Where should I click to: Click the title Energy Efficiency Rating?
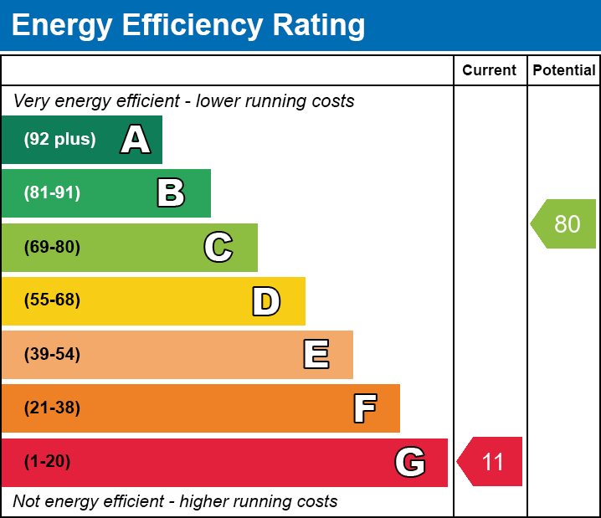pos(187,26)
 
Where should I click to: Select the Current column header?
pos(490,70)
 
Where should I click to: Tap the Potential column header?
pos(564,70)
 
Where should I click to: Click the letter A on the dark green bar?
pos(136,140)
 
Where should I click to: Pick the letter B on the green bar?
pos(171,193)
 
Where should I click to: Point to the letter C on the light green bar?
pos(218,247)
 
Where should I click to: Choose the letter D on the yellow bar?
pos(266,301)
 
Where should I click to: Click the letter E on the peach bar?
pos(316,355)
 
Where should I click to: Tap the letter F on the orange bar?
pos(364,408)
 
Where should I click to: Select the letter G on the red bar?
pos(410,462)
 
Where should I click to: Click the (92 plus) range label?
pos(59,140)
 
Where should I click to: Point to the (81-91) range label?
pos(52,193)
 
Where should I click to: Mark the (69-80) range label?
pos(52,247)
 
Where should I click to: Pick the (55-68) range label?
pos(52,300)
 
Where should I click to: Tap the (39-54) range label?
pos(52,355)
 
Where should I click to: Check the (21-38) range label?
pos(52,408)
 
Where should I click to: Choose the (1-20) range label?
pos(47,462)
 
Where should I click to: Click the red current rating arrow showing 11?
pos(491,462)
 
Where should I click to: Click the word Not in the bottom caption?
pos(27,502)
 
